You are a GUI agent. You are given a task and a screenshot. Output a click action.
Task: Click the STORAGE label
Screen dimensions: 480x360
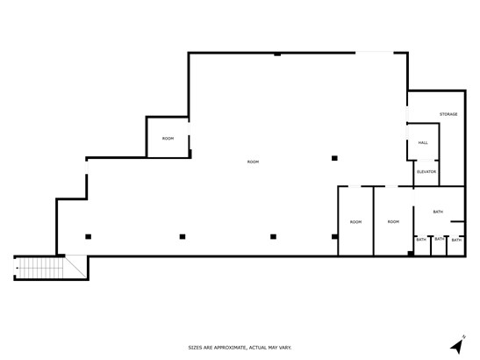(x=448, y=114)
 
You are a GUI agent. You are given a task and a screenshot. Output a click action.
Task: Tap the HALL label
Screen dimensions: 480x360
(x=423, y=143)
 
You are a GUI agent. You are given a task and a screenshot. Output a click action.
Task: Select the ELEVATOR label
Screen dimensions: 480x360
(x=426, y=172)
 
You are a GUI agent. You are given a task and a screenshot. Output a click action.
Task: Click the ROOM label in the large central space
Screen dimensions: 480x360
(x=254, y=162)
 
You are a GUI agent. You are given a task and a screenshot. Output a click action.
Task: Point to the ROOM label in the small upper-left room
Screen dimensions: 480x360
(x=168, y=139)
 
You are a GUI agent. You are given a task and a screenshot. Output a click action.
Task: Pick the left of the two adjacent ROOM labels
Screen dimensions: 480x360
(x=355, y=222)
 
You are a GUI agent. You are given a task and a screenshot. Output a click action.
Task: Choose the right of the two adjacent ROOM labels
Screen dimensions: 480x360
(x=393, y=222)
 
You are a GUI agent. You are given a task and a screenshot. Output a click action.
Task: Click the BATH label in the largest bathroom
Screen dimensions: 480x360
(x=438, y=212)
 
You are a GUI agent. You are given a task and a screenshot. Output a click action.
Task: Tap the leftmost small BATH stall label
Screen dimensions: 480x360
(x=421, y=240)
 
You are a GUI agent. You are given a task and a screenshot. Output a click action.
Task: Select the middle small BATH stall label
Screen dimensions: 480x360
(x=440, y=239)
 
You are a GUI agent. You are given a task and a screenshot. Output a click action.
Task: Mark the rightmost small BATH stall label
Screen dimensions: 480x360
(x=456, y=240)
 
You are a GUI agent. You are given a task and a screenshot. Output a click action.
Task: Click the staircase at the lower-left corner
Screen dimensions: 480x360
(x=39, y=268)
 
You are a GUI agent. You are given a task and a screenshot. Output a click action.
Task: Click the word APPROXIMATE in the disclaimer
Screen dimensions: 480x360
(x=230, y=348)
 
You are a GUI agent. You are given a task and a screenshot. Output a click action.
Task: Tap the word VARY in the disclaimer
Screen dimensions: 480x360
(x=285, y=348)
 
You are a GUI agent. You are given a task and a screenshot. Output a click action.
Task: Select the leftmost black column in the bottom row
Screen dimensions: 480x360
(x=88, y=236)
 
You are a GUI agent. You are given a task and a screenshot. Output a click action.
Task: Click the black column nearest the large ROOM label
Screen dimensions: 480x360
(x=334, y=158)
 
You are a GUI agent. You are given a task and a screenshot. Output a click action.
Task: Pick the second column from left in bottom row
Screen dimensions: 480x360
(x=183, y=236)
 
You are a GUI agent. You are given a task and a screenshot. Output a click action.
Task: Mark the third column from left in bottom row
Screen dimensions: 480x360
(x=274, y=236)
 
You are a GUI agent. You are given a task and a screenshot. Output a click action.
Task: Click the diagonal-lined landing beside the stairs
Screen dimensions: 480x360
(x=76, y=267)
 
